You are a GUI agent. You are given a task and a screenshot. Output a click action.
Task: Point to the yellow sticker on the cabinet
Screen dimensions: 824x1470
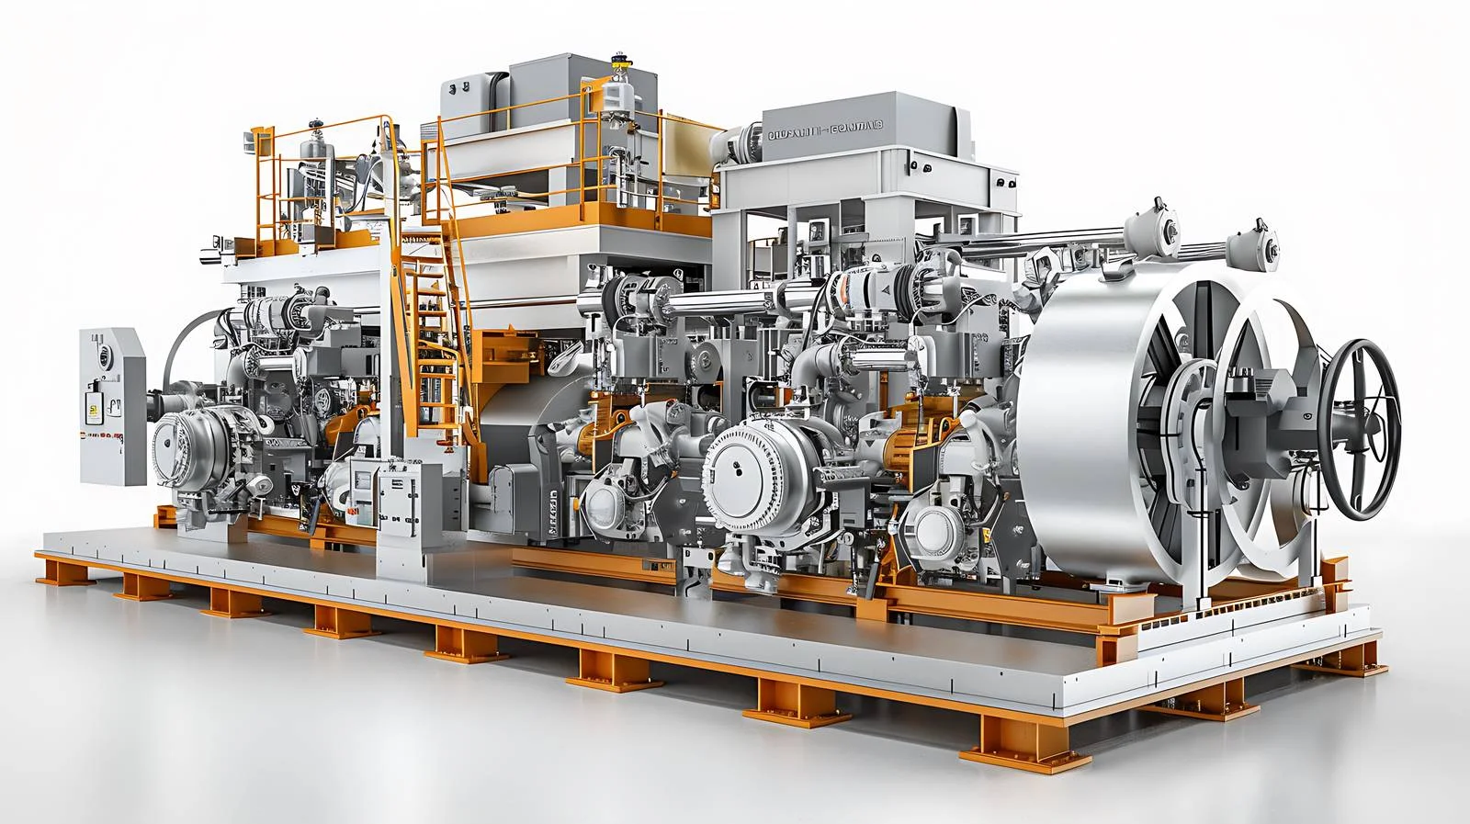pos(93,410)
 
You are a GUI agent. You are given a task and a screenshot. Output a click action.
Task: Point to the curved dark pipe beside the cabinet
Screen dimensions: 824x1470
pos(179,349)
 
